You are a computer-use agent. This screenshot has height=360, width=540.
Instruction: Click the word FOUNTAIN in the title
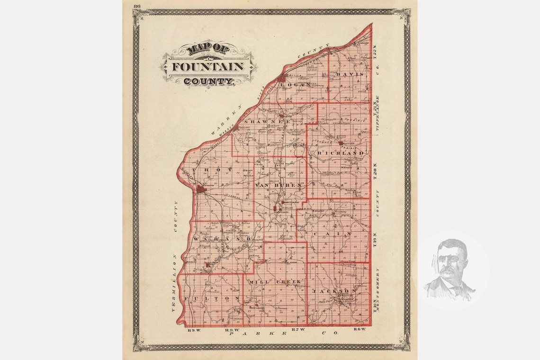click(x=208, y=66)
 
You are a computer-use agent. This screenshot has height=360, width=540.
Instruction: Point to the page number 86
click(x=137, y=6)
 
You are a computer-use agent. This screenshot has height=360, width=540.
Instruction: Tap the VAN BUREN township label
click(x=278, y=185)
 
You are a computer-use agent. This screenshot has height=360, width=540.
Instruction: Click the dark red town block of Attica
click(x=283, y=77)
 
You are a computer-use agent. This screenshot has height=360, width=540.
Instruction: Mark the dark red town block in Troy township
click(x=202, y=189)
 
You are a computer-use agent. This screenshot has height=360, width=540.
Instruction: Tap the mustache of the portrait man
click(x=448, y=272)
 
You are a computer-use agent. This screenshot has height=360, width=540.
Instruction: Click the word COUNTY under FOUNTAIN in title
click(x=208, y=81)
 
